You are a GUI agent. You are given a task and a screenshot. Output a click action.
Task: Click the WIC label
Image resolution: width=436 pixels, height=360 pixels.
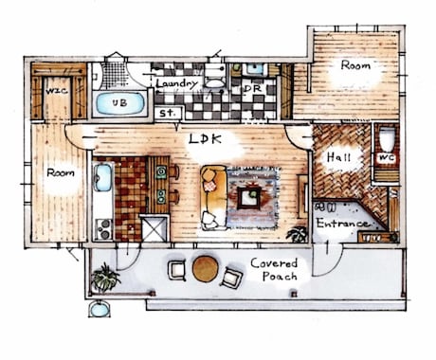coord(57,91)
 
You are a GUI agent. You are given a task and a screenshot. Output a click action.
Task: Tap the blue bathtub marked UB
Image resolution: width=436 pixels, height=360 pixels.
coord(119,103)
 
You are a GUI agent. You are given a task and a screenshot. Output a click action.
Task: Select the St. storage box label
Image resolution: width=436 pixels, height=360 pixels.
coord(168,113)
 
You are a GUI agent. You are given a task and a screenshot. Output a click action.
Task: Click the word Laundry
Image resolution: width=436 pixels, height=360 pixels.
coord(177,83)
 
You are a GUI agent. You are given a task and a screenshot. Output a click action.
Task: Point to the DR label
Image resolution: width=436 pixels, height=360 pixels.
coord(253,89)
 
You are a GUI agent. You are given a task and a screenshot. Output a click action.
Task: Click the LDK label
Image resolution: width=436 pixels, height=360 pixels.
coord(205,139)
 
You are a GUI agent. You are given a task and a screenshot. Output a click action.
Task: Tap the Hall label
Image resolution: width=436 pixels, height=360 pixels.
coord(338,157)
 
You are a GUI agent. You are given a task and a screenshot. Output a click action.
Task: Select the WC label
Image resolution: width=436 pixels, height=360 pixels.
coord(387,157)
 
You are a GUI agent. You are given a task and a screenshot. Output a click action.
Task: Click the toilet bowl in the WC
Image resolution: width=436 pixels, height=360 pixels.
coord(387,138)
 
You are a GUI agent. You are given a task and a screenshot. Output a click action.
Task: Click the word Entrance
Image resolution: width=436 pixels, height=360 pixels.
coord(342,223)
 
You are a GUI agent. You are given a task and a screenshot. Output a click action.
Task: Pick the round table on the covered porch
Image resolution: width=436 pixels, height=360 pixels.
coord(205,268)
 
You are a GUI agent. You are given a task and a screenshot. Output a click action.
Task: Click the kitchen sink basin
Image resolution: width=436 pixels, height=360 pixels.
coord(102,177)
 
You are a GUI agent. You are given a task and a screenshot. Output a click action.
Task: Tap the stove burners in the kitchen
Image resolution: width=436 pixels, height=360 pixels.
coord(104,229)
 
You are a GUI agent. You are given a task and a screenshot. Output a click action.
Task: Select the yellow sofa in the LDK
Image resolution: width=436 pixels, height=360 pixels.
coord(213,198)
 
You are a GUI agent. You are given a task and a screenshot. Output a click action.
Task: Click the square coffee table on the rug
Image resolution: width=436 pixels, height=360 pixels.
coord(249,198)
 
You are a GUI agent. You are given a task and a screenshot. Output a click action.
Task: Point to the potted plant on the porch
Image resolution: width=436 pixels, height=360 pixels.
coord(104,278)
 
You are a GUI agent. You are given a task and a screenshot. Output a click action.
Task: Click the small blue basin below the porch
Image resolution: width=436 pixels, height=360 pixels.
coord(100,310)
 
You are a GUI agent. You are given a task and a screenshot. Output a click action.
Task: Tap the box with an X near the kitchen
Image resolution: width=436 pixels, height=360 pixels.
coord(154,228)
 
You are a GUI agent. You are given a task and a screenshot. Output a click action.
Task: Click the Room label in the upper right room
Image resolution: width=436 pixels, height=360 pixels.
coord(355,65)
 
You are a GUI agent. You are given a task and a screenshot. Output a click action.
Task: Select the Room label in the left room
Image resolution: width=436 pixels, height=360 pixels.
coord(61,172)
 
